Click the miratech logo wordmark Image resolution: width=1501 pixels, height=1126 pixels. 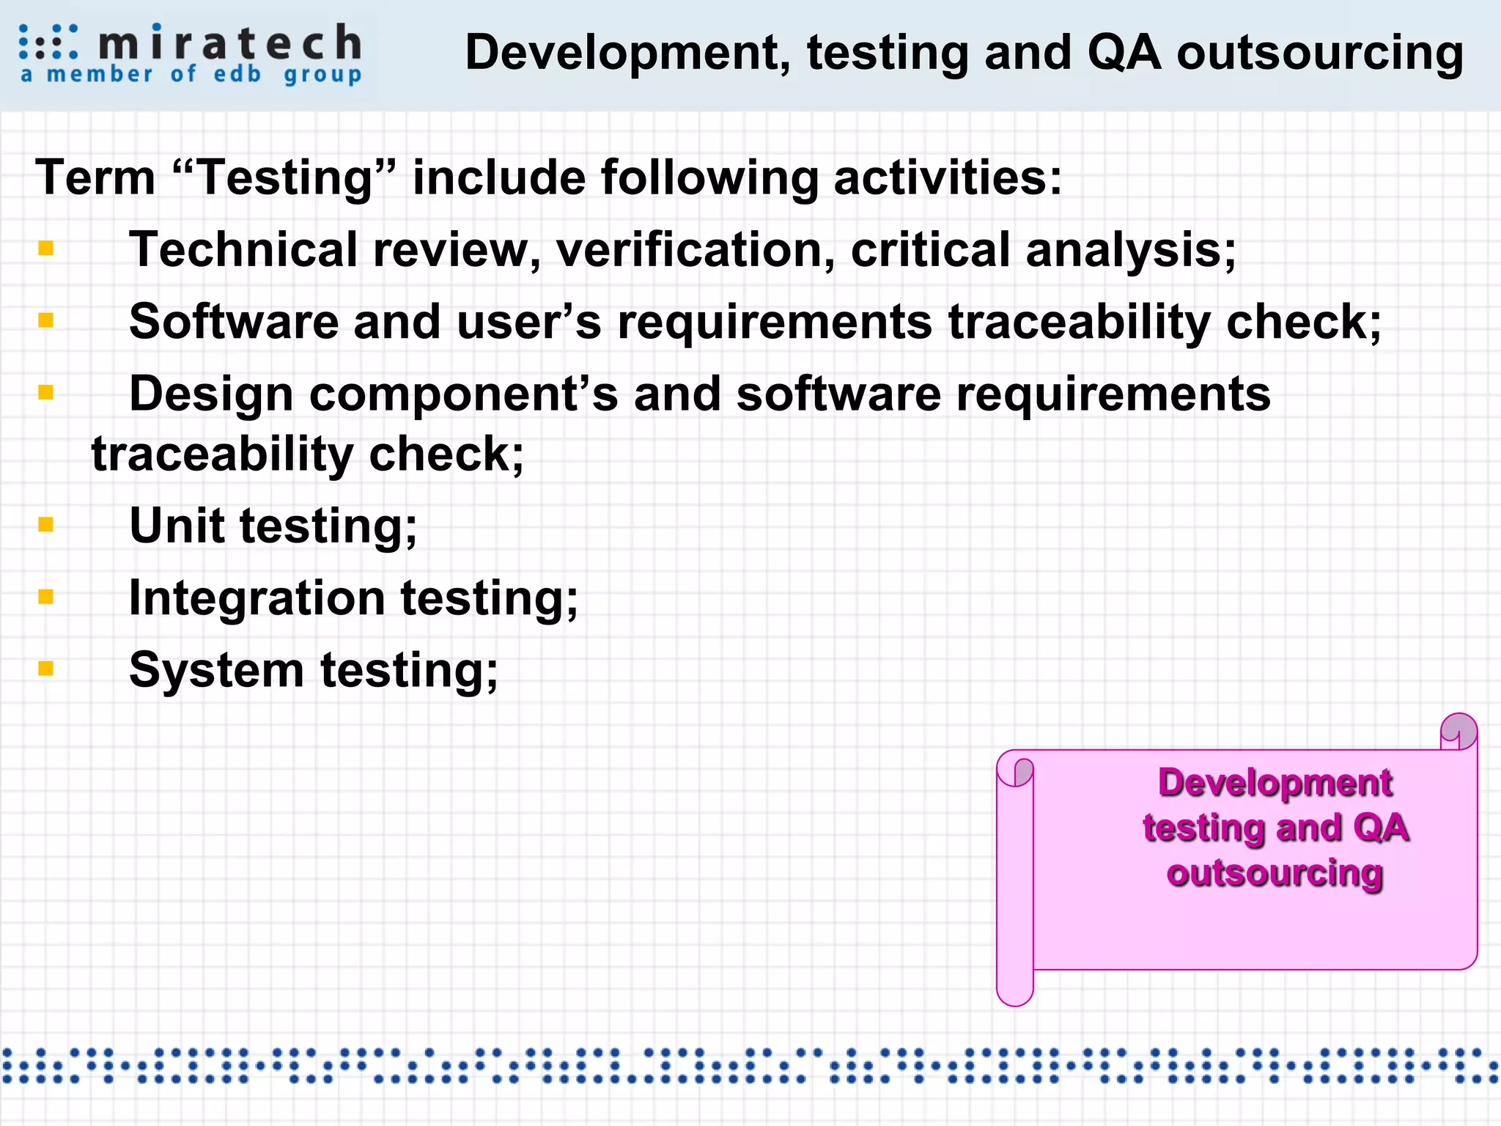[x=229, y=42]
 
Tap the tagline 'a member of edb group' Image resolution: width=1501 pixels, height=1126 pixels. [x=191, y=75]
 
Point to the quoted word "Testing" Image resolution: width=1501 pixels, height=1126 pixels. [x=285, y=177]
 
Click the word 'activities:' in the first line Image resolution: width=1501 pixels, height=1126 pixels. [x=947, y=177]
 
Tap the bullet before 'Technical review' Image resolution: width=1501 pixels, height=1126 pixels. [x=46, y=249]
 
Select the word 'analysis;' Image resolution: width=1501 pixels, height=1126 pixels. [x=1131, y=251]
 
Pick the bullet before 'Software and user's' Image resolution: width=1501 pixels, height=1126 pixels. [x=46, y=320]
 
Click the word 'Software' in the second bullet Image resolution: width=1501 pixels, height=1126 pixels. [x=233, y=321]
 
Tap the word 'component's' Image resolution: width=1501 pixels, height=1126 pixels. [x=463, y=394]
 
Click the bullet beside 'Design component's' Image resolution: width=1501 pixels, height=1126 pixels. [x=46, y=392]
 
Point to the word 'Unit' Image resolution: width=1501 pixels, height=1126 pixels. [x=177, y=526]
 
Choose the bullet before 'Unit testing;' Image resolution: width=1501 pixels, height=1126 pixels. [x=46, y=524]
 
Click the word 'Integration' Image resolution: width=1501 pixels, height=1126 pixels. [x=257, y=597]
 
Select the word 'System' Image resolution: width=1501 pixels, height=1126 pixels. [x=216, y=670]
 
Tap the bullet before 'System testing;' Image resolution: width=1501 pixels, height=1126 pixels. [x=46, y=668]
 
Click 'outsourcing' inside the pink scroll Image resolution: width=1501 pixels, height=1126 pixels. [x=1275, y=873]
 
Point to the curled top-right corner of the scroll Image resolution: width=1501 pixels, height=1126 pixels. [x=1458, y=732]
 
